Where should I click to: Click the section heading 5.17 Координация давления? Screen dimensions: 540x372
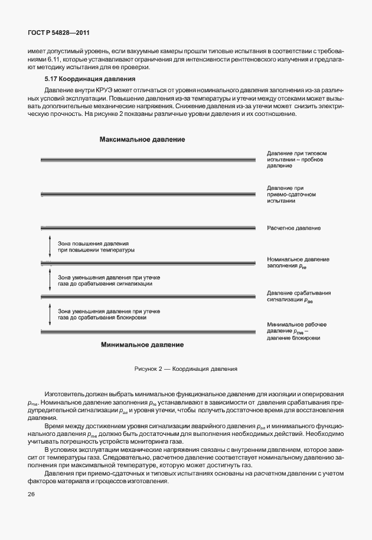click(90, 79)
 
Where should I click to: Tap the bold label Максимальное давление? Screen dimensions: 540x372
click(142, 140)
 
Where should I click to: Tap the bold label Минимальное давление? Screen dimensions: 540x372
click(142, 344)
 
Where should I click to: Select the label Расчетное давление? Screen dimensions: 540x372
click(293, 228)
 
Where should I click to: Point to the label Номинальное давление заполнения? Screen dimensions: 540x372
click(298, 263)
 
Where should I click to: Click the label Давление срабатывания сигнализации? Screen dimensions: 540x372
click(298, 296)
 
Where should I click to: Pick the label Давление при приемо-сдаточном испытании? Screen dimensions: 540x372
click(292, 194)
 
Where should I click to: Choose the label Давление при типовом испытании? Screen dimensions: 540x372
click(296, 160)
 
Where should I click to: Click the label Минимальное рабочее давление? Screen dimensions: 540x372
click(296, 331)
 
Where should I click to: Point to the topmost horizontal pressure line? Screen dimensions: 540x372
click(148, 159)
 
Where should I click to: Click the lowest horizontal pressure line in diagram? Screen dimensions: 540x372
click(148, 329)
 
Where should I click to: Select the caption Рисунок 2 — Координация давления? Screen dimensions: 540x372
click(186, 368)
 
